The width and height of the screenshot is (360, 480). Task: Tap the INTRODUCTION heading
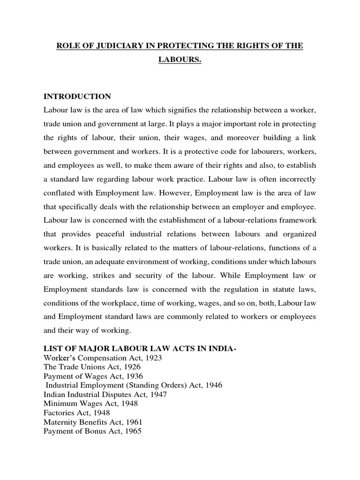tap(77, 97)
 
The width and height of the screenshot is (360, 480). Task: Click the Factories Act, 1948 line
tap(76, 412)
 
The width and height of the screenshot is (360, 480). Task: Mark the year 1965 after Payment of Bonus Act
tap(132, 430)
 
